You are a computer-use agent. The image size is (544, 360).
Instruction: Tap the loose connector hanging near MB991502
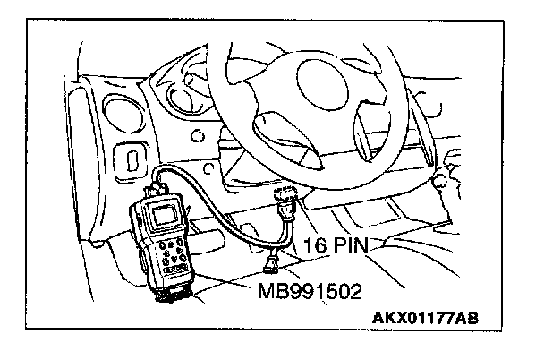[270, 261]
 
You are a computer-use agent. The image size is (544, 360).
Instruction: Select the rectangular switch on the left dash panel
[132, 164]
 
